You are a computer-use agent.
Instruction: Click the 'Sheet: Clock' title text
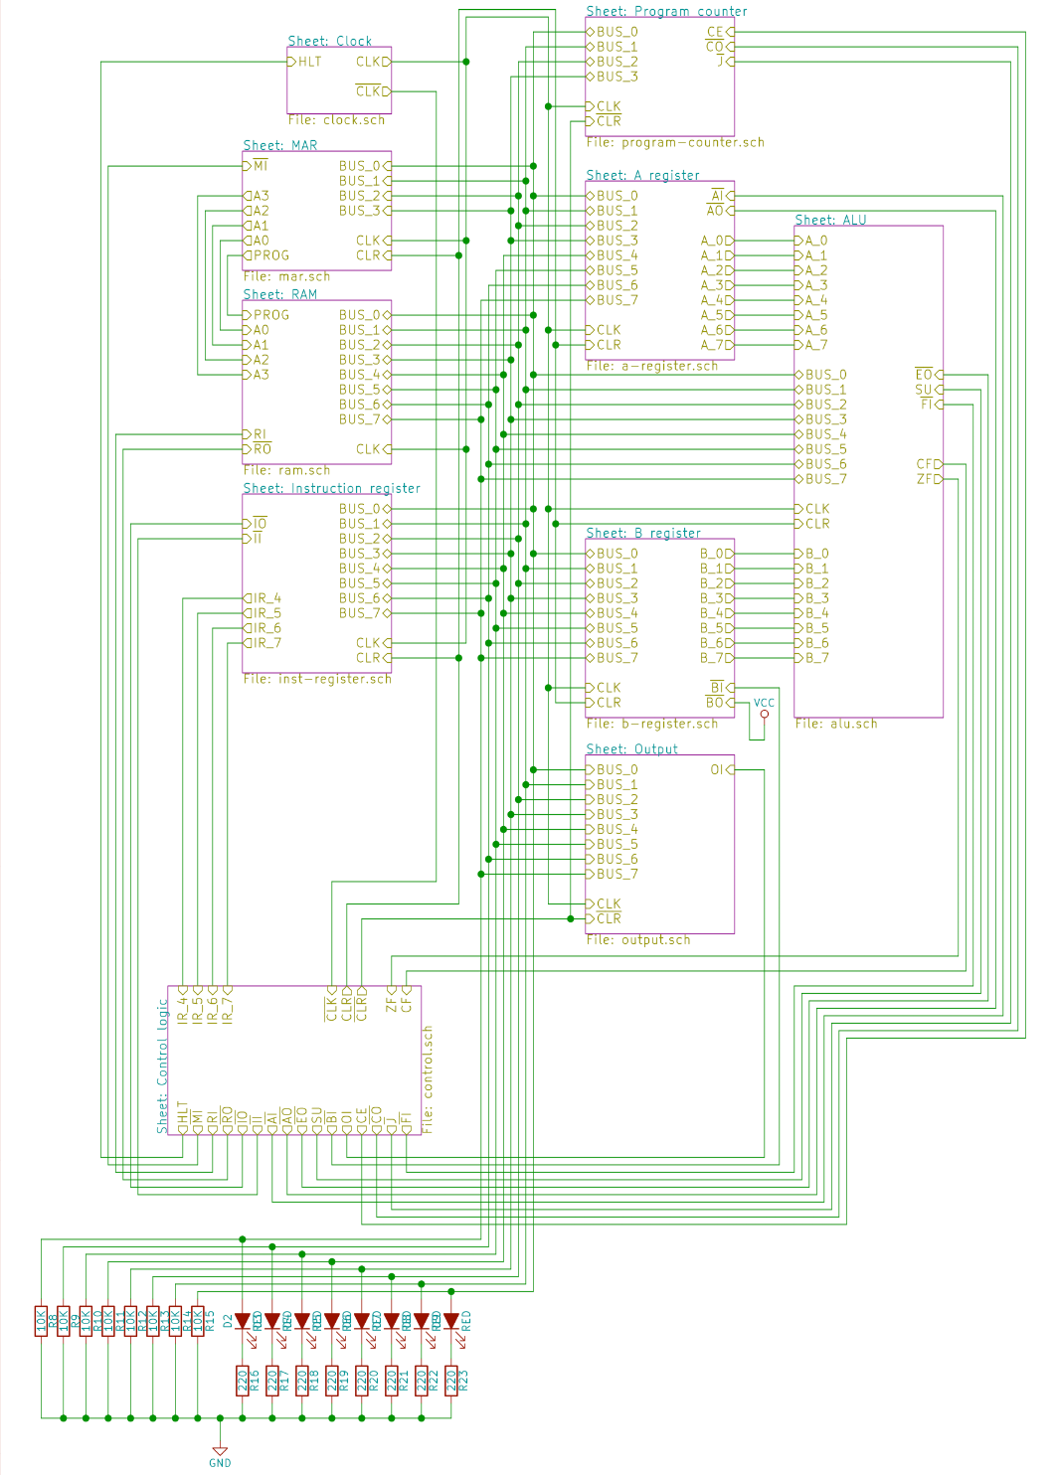[x=329, y=41]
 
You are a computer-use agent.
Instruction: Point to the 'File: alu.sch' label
[x=835, y=724]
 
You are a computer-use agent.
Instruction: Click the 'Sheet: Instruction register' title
[x=331, y=488]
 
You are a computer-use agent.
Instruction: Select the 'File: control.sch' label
[x=429, y=1078]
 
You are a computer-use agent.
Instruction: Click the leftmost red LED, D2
[x=243, y=1321]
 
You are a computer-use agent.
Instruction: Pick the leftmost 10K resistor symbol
[x=41, y=1321]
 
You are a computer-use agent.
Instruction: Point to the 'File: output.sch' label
[x=637, y=939]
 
